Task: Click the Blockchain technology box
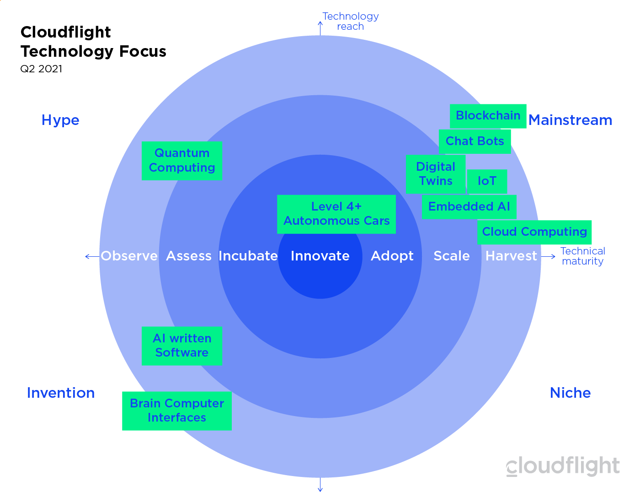pos(488,116)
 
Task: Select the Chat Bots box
pos(475,141)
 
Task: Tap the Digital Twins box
pos(435,174)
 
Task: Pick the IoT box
pos(487,181)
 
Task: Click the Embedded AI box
pos(469,207)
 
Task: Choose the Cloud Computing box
pos(534,232)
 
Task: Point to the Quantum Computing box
pos(181,161)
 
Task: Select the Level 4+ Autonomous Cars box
pos(336,214)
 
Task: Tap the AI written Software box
pos(181,346)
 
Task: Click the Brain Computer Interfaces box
pos(176,411)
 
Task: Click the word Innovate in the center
pos(320,256)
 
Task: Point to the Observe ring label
pos(129,256)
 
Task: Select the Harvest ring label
pos(511,256)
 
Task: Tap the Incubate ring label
pos(248,256)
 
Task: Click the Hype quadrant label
pos(60,120)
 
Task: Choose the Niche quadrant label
pos(570,393)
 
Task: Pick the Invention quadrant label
pos(61,393)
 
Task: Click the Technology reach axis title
pos(350,22)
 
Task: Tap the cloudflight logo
pos(563,466)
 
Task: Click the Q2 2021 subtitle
pos(41,69)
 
